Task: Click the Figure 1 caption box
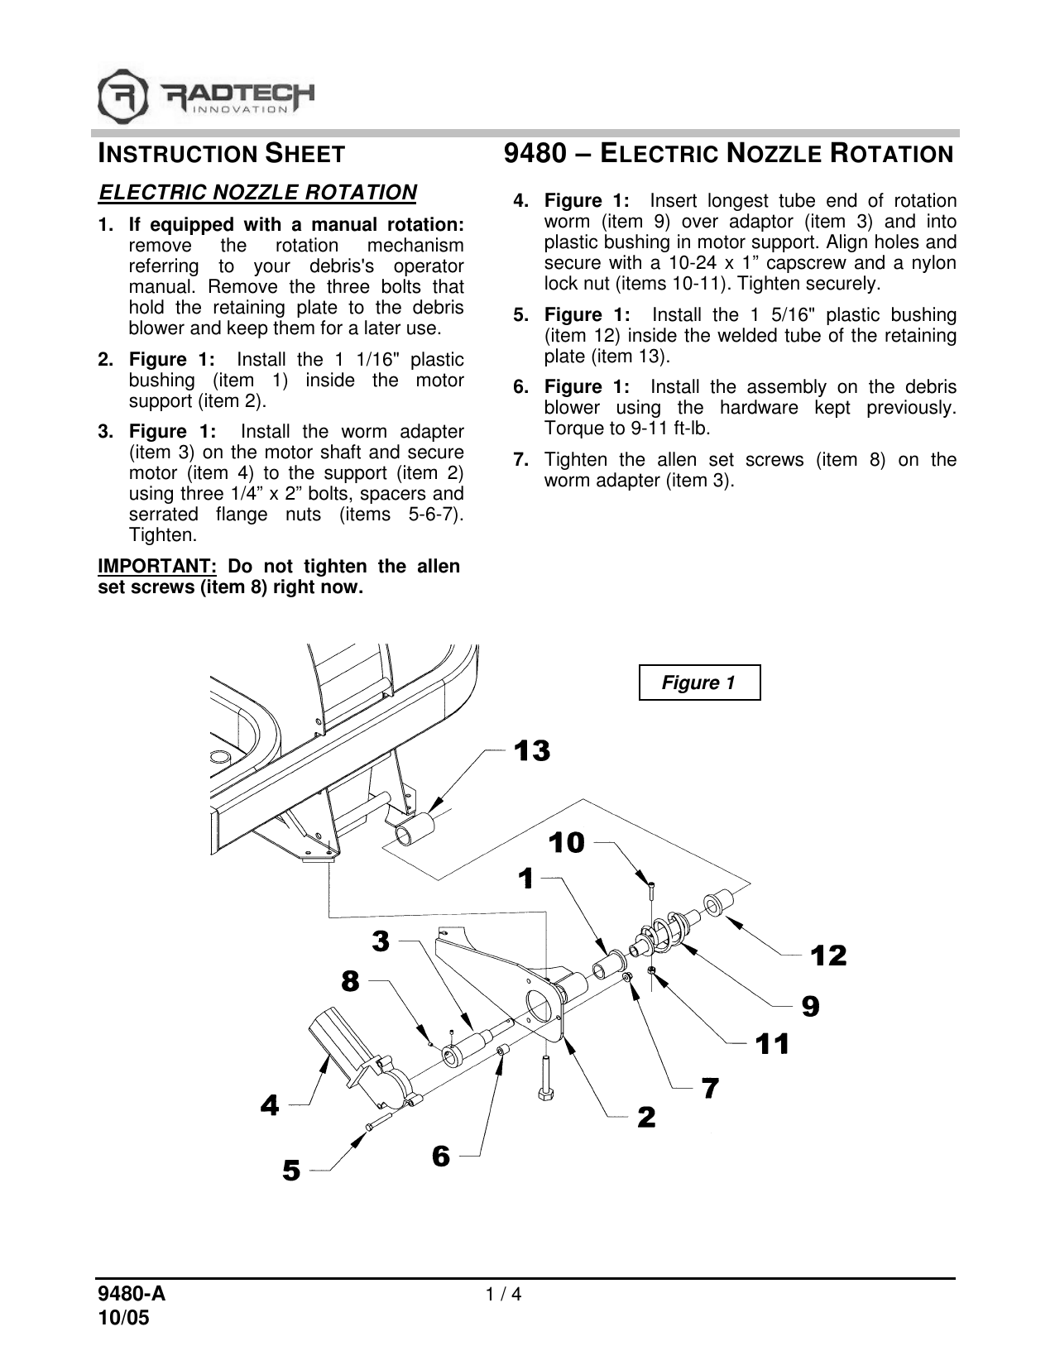coord(699,682)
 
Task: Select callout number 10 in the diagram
coord(567,843)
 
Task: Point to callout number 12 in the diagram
coord(828,955)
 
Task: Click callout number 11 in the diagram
coord(772,1044)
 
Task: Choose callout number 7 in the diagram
coord(710,1088)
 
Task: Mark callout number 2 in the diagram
coord(646,1118)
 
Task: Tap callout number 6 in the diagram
coord(441,1156)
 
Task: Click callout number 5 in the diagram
coord(292,1171)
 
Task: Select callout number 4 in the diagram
coord(271,1104)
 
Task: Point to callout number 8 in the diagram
coord(351,982)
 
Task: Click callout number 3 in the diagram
coord(381,941)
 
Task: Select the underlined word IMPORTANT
coord(157,567)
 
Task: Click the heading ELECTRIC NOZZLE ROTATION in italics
coord(257,193)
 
